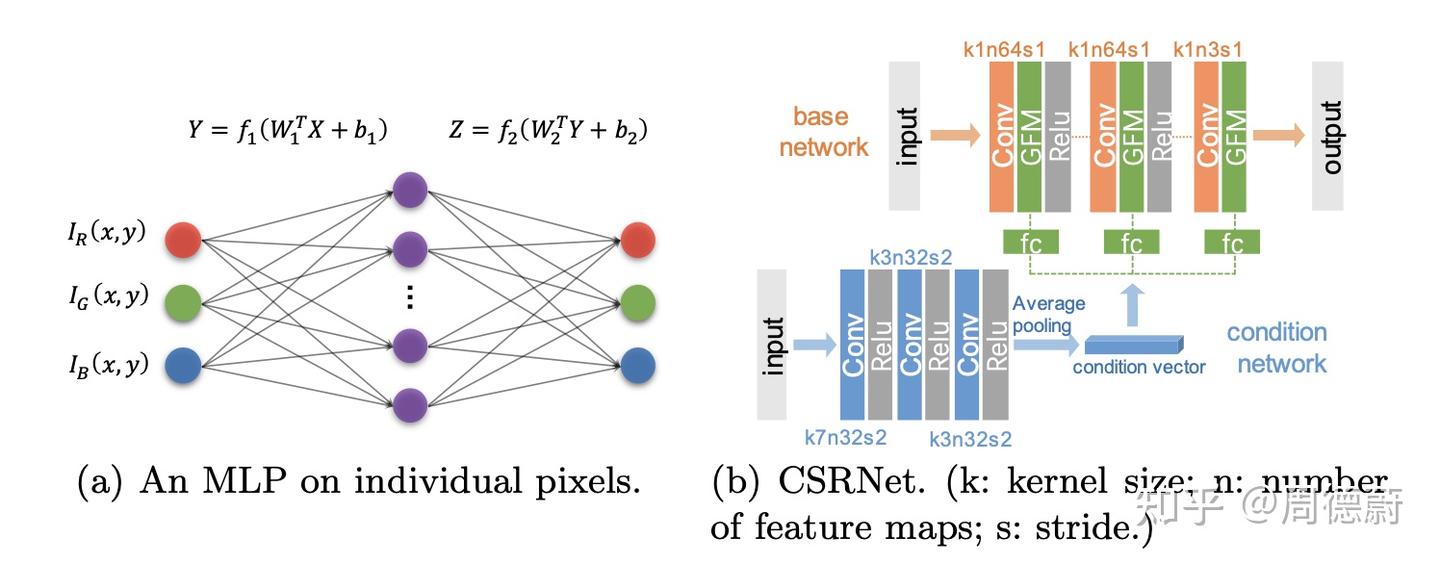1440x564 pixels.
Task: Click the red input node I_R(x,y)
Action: pos(183,240)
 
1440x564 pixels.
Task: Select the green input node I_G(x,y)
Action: pos(183,303)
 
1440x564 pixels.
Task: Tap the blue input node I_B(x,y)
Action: pos(183,365)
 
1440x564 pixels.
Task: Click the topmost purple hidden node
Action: pos(410,190)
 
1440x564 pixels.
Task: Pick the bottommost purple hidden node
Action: pos(410,405)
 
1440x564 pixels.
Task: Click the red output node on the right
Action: pos(638,240)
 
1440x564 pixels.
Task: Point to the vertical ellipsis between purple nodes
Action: pos(410,297)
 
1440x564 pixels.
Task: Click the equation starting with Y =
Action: pos(287,131)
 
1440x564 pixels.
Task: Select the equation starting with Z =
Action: pos(548,131)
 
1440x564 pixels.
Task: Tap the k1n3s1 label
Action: pos(1208,50)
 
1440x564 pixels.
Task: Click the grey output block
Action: pos(1328,136)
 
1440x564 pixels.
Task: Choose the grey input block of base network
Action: pos(904,136)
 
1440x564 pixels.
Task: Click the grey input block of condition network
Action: pos(772,345)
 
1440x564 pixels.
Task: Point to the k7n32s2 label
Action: pos(845,437)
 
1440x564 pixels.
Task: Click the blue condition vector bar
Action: pos(1134,345)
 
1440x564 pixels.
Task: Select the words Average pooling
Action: pos(1048,314)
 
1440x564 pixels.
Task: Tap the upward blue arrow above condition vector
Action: pos(1133,306)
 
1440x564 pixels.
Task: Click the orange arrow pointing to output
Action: pos(1279,136)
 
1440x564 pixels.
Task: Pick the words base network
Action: pos(824,132)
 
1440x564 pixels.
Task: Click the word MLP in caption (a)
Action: pos(245,481)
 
